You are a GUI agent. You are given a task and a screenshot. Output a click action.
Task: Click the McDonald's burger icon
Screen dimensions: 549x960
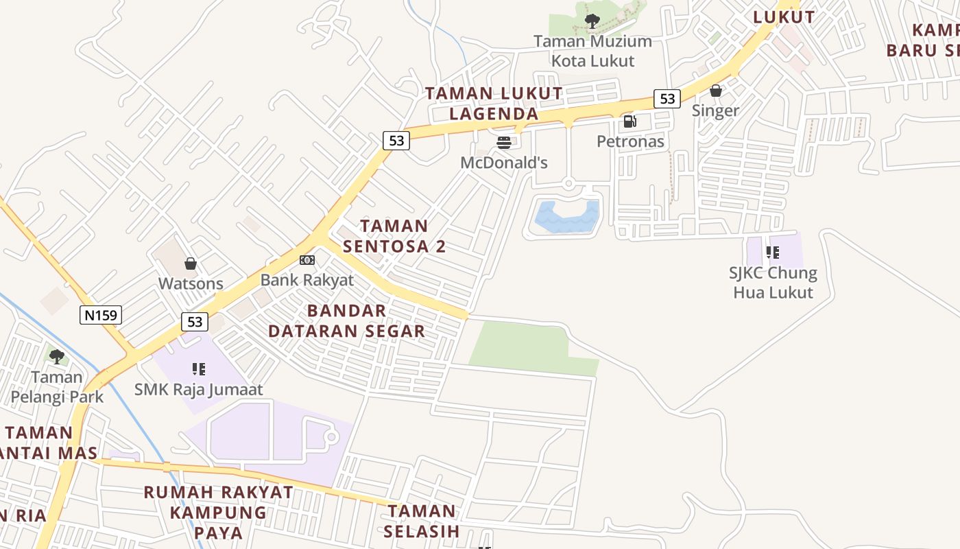pos(504,143)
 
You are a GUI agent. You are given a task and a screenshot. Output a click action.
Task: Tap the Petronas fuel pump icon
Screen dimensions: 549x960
pos(629,121)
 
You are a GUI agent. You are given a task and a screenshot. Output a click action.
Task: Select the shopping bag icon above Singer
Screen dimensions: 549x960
pos(716,91)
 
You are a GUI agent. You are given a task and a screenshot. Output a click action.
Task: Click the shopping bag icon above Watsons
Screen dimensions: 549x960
pos(191,264)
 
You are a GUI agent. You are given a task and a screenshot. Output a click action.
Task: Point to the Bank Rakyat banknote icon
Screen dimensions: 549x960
pos(307,260)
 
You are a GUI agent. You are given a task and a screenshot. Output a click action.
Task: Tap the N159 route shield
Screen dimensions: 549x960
pos(101,315)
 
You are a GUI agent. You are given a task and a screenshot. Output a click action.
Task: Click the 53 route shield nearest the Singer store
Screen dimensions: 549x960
pos(667,99)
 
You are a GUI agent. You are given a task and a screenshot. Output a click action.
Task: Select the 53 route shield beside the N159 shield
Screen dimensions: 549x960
pos(195,321)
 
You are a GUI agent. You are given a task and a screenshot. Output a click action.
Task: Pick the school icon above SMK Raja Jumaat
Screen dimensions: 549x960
pos(199,369)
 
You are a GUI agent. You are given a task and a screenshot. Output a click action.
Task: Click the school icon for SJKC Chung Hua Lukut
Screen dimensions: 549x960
pos(773,253)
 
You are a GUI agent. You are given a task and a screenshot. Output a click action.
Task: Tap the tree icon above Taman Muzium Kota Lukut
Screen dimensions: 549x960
pos(592,21)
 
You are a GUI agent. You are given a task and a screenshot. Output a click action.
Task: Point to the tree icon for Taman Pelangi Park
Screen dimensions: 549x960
pos(57,356)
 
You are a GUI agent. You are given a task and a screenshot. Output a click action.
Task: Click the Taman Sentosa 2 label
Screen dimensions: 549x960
pos(394,236)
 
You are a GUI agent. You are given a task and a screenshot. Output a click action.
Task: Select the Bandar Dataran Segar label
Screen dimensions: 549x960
pos(346,321)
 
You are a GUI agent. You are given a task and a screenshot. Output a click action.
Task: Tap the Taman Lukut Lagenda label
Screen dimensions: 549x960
pos(494,103)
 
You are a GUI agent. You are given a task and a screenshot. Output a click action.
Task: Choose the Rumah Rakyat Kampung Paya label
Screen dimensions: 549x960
pos(218,512)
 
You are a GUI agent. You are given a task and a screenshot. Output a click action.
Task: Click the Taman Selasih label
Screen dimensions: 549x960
pos(421,521)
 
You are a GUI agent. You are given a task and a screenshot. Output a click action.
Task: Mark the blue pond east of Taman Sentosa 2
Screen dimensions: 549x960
pos(566,216)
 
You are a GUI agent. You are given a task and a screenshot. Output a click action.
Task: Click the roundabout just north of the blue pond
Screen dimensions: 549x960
pos(568,183)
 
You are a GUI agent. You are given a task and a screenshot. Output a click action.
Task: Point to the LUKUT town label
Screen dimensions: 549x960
pos(784,17)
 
